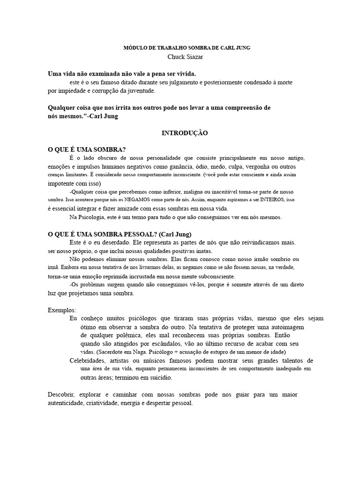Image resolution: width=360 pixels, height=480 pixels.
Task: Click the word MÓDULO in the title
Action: pyautogui.click(x=133, y=48)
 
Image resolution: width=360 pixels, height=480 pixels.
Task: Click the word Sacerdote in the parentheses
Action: pyautogui.click(x=112, y=352)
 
